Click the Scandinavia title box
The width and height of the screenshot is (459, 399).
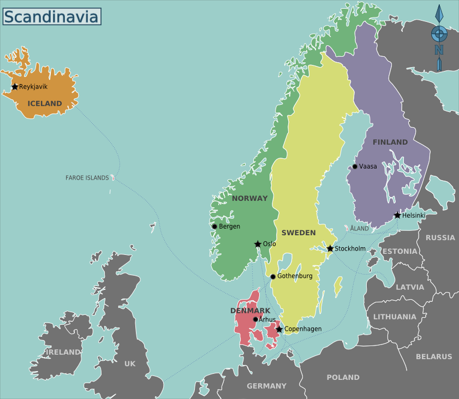[x=51, y=16]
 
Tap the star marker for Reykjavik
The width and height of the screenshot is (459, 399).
[x=15, y=87]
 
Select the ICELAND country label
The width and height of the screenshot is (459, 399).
[x=45, y=103]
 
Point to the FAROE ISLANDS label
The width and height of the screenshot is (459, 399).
[x=87, y=178]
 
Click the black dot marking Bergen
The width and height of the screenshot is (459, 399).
[x=214, y=227]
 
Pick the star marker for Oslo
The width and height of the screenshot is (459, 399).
[x=258, y=244]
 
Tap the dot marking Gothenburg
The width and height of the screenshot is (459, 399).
[x=273, y=276]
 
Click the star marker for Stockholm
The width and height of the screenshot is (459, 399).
[x=330, y=249]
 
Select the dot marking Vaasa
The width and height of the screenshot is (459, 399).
[x=355, y=166]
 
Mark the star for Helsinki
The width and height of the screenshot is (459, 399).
[x=397, y=216]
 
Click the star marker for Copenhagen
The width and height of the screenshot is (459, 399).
[x=279, y=329]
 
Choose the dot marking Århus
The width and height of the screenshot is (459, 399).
[x=255, y=319]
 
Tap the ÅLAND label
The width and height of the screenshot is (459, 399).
[x=359, y=228]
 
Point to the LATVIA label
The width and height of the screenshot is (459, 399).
[x=409, y=287]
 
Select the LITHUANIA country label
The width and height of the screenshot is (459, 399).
[x=395, y=317]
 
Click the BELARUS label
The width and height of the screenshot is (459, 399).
[x=434, y=356]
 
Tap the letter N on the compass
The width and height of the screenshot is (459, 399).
[x=439, y=50]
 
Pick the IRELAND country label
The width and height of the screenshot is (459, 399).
[x=63, y=352]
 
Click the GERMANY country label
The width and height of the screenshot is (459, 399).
[x=266, y=386]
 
